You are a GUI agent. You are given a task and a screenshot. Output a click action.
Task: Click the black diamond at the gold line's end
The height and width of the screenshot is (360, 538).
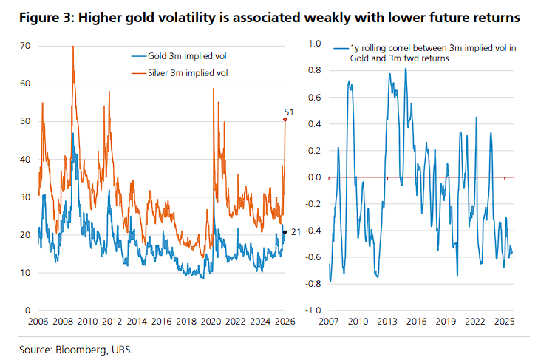click(x=286, y=232)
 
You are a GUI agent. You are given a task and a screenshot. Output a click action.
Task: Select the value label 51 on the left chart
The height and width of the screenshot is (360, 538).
click(x=289, y=112)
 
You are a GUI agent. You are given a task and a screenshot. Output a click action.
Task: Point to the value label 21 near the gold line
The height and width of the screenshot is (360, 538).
click(x=294, y=232)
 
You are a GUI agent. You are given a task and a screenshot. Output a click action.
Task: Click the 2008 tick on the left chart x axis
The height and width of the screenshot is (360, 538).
click(x=63, y=322)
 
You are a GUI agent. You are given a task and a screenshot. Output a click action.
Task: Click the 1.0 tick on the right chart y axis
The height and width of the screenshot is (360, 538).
click(x=313, y=44)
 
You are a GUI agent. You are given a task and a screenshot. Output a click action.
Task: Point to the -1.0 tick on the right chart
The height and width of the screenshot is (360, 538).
click(x=312, y=310)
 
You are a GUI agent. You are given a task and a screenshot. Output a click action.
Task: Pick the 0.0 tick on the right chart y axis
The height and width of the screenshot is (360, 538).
click(x=313, y=177)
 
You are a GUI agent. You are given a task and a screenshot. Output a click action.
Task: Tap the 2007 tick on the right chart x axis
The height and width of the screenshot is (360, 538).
click(x=330, y=322)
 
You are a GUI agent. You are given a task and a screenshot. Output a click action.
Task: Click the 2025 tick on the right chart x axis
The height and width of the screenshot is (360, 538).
click(x=504, y=322)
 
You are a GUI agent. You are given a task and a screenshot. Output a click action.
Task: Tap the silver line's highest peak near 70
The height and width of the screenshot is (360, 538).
click(x=73, y=47)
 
